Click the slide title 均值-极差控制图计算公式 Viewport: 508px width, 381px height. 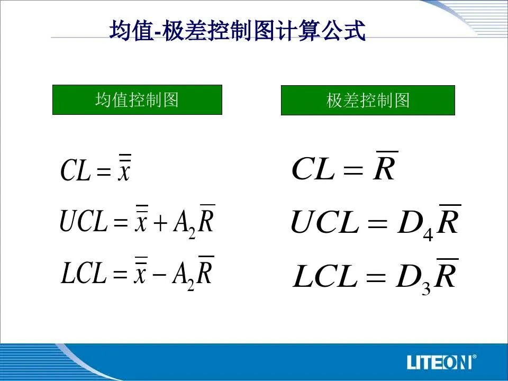[x=238, y=31]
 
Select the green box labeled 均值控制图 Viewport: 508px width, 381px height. [x=138, y=100]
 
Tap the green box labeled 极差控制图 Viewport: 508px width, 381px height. [x=368, y=101]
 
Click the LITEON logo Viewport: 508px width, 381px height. [x=439, y=362]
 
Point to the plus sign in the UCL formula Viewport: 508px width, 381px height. [x=160, y=223]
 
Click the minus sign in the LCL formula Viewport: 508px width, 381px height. [x=159, y=275]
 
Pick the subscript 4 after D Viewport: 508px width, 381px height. [x=428, y=234]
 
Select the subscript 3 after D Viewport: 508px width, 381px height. [x=426, y=288]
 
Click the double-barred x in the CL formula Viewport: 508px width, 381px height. [x=124, y=168]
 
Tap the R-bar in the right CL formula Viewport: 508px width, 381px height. [x=385, y=166]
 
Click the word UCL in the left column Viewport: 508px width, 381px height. [x=84, y=221]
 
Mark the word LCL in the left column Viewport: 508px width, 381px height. [x=84, y=273]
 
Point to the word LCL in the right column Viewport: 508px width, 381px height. [x=325, y=276]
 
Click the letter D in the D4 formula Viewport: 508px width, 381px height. [x=410, y=223]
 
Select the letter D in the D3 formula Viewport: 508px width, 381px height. [x=408, y=277]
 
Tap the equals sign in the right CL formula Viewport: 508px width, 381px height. [x=353, y=170]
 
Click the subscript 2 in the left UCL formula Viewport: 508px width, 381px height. [x=192, y=233]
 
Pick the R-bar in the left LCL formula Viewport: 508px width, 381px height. [x=205, y=270]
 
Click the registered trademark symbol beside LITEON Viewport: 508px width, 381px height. [x=474, y=357]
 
